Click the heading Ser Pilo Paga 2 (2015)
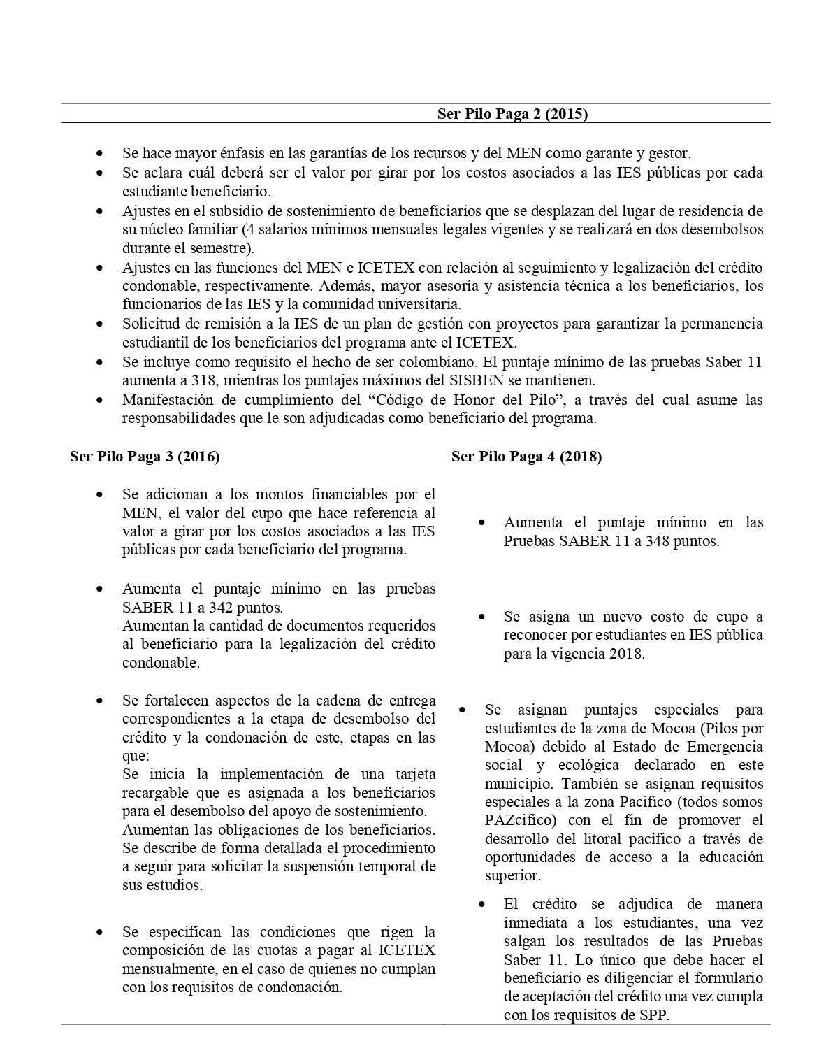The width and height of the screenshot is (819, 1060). tap(512, 113)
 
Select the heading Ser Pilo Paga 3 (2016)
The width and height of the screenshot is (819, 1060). tap(145, 457)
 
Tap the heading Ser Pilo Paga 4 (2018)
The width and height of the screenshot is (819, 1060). tap(526, 457)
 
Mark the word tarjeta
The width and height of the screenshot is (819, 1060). tap(412, 774)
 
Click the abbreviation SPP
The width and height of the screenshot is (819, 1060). tap(655, 1015)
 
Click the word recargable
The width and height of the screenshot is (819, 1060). tap(154, 793)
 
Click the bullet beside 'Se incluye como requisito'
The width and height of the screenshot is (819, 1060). tap(101, 363)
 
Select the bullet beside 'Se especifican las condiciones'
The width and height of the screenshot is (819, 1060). tap(101, 932)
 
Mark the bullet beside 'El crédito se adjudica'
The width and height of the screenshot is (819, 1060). tap(482, 904)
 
